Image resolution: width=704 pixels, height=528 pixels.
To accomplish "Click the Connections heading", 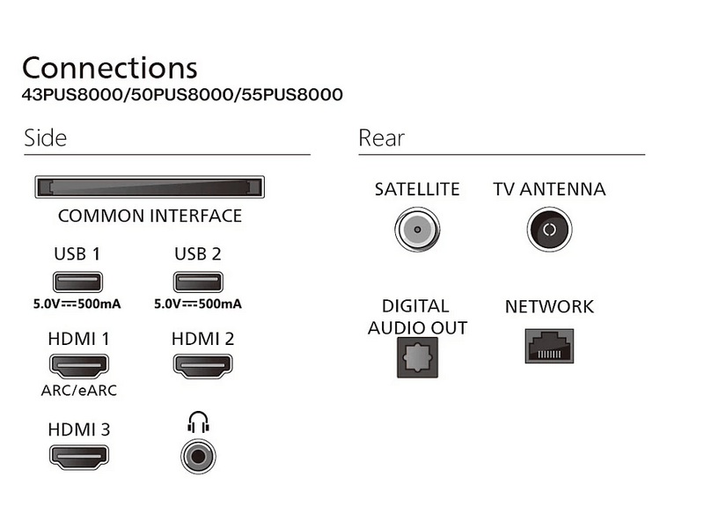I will pos(110,68).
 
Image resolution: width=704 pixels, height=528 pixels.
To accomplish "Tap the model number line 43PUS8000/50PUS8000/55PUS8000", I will pos(182,95).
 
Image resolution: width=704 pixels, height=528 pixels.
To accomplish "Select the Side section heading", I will pos(46,138).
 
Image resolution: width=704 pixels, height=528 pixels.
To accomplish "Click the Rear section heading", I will pos(381,138).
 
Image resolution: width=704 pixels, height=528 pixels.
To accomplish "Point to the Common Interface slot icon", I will pos(150,187).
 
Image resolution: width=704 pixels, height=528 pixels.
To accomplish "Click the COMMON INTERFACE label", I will pos(150,216).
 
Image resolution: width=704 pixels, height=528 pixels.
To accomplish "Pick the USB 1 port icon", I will pos(77,282).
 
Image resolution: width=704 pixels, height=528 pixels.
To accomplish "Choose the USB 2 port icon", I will pos(198,282).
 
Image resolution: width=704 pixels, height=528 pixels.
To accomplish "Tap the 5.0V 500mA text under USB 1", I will pos(77,304).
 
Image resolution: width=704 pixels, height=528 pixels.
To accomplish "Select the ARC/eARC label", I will pos(78,390).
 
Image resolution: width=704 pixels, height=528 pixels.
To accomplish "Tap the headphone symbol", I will pos(199,424).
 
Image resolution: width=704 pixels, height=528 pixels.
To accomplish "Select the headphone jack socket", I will pos(199,457).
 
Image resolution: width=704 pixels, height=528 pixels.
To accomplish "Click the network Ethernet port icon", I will pos(549,346).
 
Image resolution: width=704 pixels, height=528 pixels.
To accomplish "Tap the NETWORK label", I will pos(549,307).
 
